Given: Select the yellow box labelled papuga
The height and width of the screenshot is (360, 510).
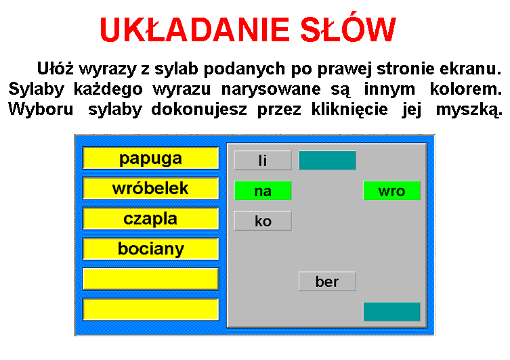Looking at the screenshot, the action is click(150, 158).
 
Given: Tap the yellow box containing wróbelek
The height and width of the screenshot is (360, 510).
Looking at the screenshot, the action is click(150, 188).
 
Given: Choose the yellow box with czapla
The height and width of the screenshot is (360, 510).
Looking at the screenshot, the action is click(150, 219).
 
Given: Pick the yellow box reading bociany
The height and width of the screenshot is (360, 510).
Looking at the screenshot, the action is click(150, 249).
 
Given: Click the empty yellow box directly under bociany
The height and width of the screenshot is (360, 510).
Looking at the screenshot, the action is click(150, 279).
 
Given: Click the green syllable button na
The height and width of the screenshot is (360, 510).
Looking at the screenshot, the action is click(263, 191).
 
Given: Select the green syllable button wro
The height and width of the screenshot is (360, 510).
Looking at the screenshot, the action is click(391, 191).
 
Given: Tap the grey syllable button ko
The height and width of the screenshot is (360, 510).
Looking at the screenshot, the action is click(263, 221).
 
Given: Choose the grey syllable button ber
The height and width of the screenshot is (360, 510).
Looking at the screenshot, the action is click(327, 282).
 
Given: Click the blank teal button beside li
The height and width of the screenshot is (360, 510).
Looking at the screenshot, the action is click(327, 160).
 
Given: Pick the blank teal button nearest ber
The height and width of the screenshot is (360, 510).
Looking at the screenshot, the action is click(391, 311).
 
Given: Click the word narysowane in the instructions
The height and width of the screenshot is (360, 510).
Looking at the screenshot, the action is click(271, 89).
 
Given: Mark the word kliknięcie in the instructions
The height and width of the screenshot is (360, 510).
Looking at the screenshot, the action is click(349, 110).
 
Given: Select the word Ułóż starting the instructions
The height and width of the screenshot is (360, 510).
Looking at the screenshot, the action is click(56, 68).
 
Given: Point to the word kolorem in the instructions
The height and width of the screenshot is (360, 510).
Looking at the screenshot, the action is click(466, 89).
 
